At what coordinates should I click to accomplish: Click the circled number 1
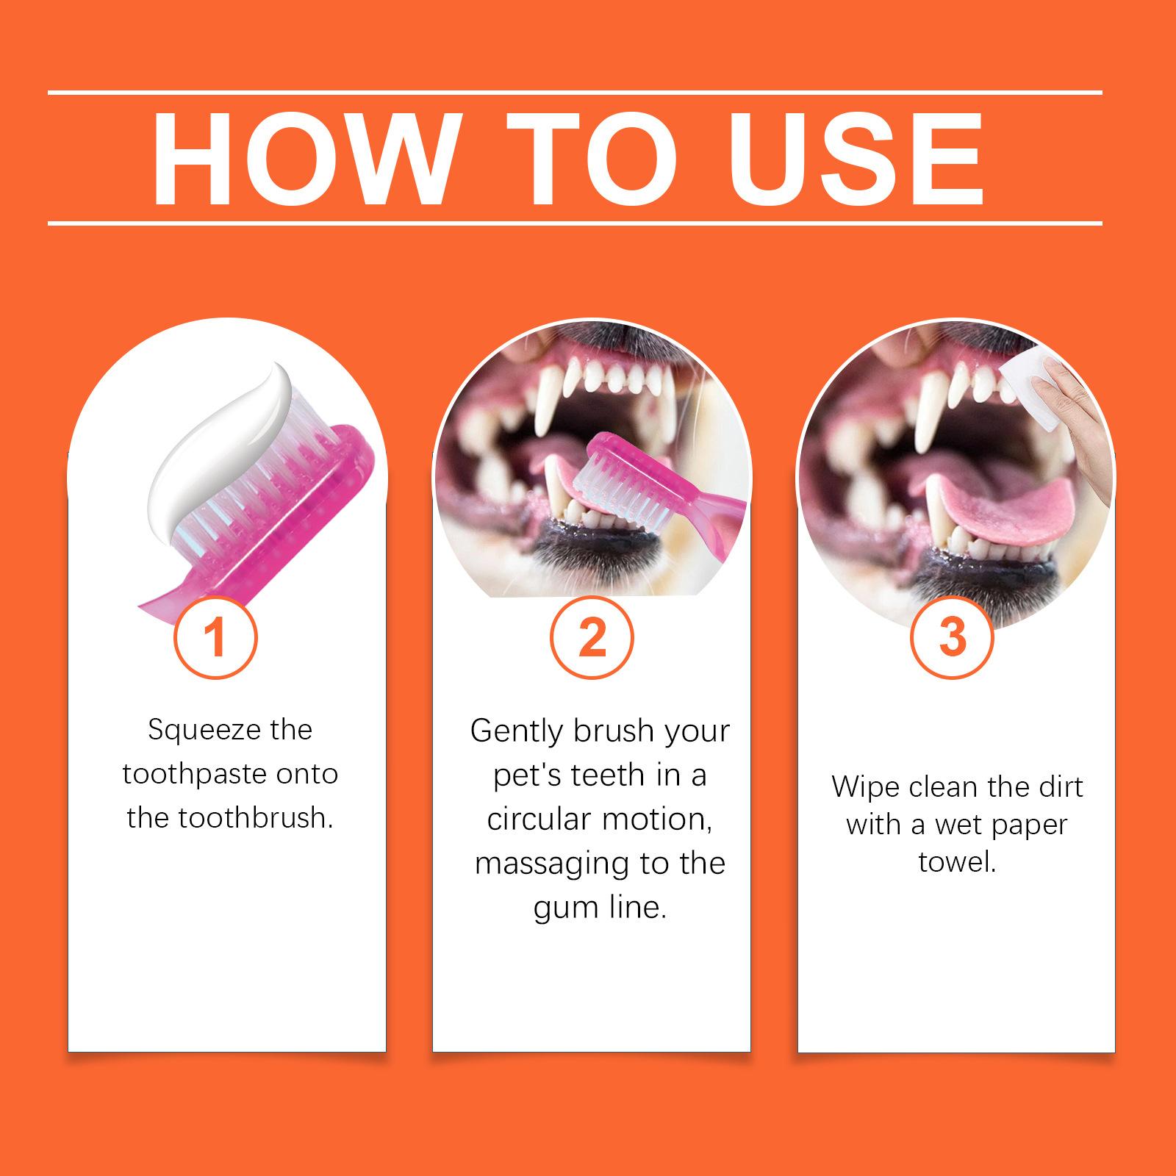point(215,637)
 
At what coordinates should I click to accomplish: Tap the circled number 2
point(592,637)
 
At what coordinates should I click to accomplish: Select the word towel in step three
point(958,861)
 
